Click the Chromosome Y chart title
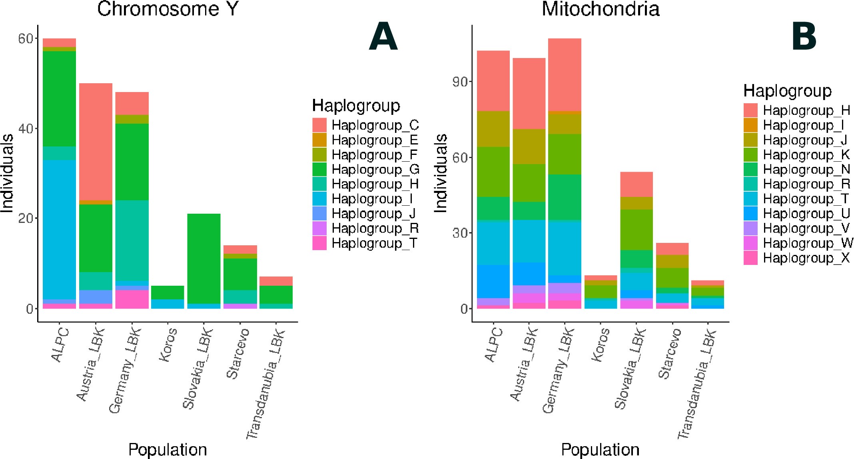pyautogui.click(x=168, y=9)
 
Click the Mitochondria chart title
pyautogui.click(x=600, y=9)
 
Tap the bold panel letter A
pyautogui.click(x=383, y=37)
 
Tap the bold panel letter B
pyautogui.click(x=804, y=37)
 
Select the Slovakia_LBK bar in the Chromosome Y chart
pyautogui.click(x=204, y=260)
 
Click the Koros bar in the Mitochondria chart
pyautogui.click(x=600, y=292)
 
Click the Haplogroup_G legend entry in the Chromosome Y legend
pyautogui.click(x=375, y=169)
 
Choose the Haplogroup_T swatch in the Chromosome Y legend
pyautogui.click(x=319, y=243)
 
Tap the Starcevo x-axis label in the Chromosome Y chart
pyautogui.click(x=237, y=353)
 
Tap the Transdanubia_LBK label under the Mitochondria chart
pyautogui.click(x=696, y=384)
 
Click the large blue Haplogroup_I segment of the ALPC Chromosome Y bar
pyautogui.click(x=59, y=228)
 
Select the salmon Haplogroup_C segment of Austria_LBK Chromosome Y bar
pyautogui.click(x=96, y=140)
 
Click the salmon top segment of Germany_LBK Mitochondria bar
pyautogui.click(x=565, y=74)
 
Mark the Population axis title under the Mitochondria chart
pyautogui.click(x=600, y=449)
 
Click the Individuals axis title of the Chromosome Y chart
pyautogui.click(x=7, y=173)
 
